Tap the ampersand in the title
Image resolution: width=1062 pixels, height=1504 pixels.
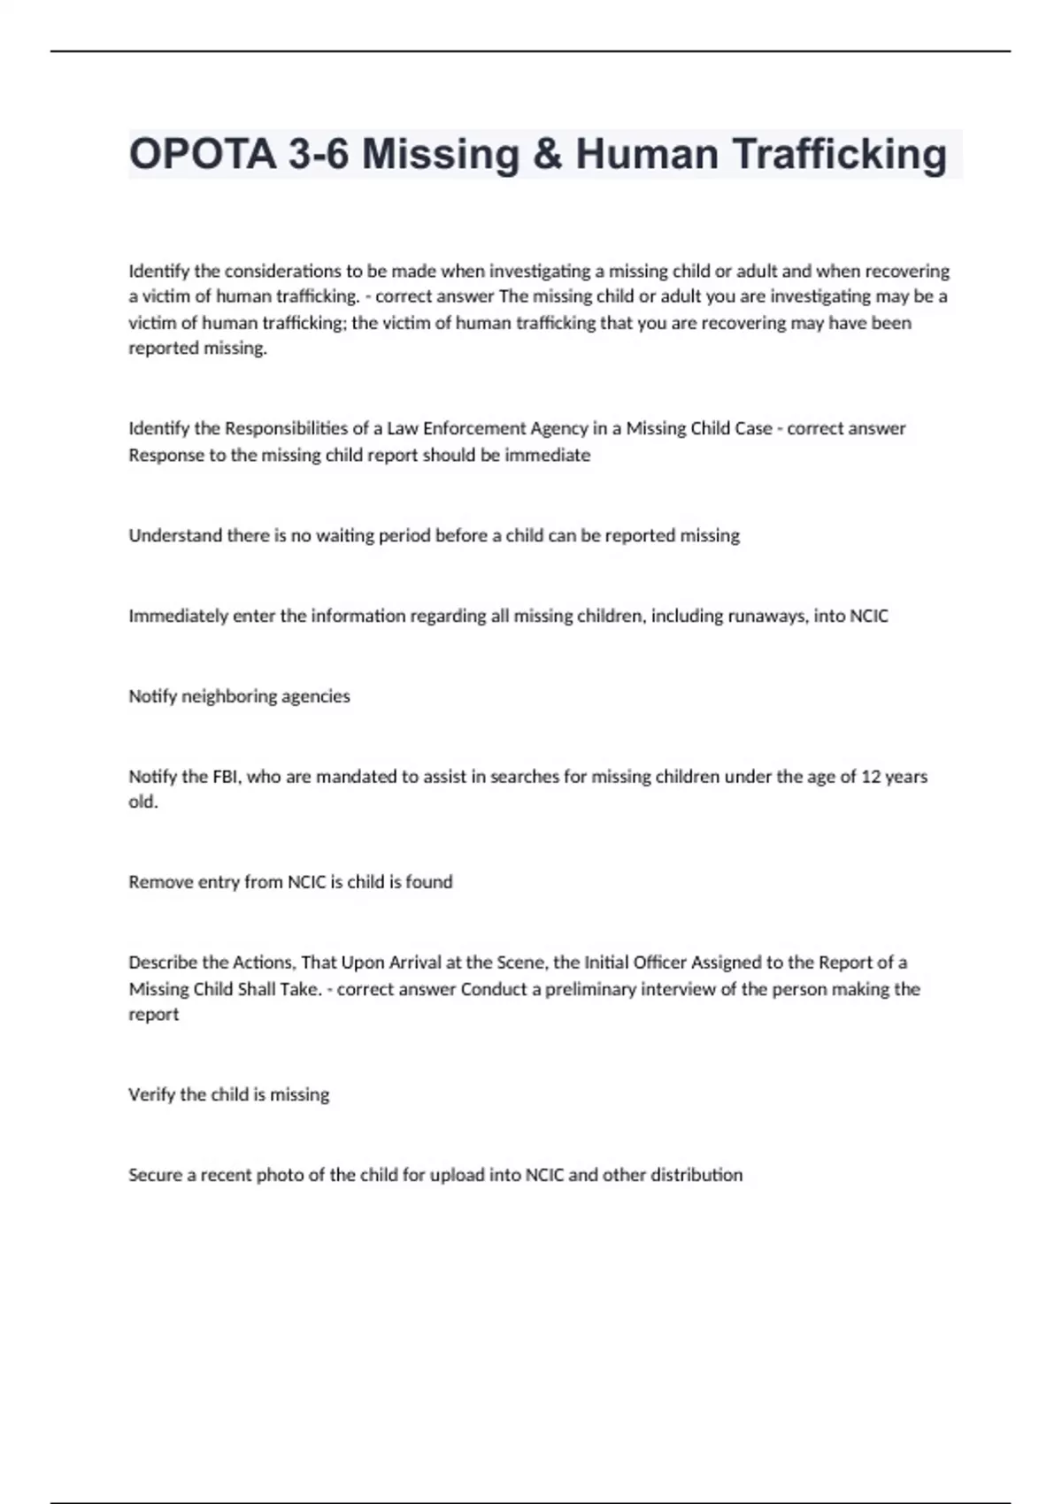coord(548,154)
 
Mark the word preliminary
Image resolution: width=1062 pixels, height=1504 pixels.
coord(590,989)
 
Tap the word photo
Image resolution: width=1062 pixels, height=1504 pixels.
coord(280,1176)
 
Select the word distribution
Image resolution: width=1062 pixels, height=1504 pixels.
coord(696,1176)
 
